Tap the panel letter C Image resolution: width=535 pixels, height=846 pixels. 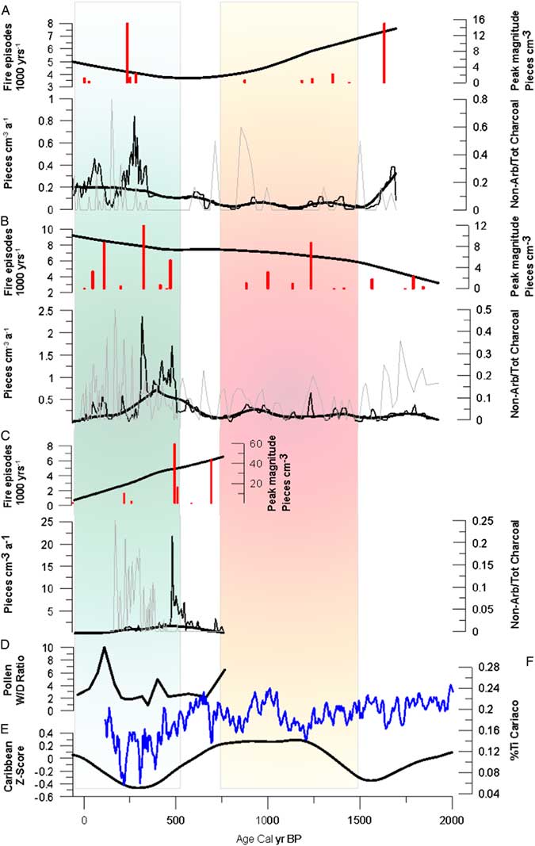6,434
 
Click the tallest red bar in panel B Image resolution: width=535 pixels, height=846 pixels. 143,258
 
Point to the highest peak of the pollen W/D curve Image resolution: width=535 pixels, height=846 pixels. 104,648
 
